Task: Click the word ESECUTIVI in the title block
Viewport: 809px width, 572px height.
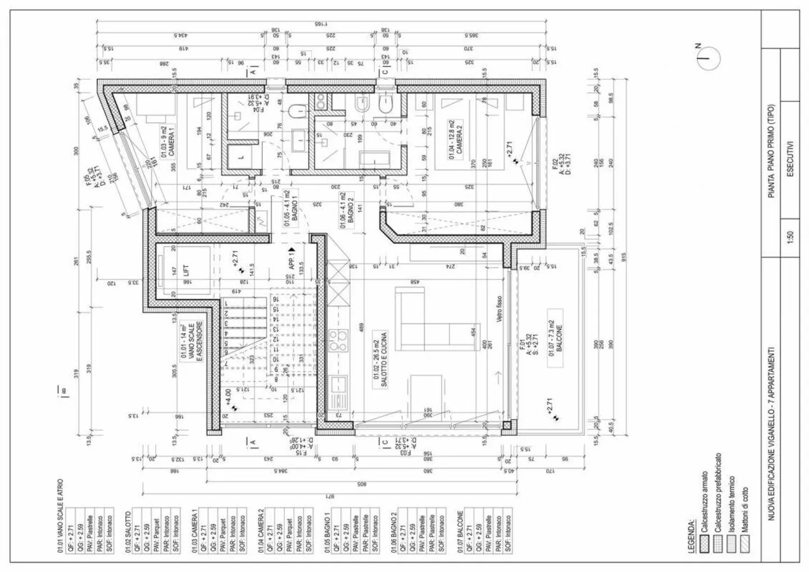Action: tap(790, 158)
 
